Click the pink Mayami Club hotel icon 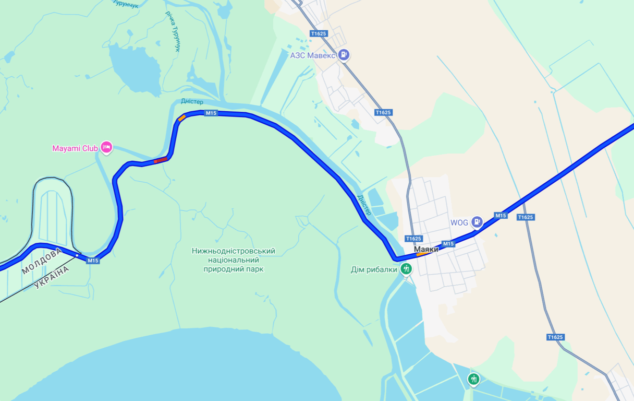pyautogui.click(x=106, y=147)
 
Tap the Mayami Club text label pyautogui.click(x=75, y=148)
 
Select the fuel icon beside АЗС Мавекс pyautogui.click(x=344, y=54)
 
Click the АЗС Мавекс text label pyautogui.click(x=313, y=55)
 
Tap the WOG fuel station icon pyautogui.click(x=477, y=222)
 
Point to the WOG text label pyautogui.click(x=459, y=222)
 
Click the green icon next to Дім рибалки pyautogui.click(x=406, y=269)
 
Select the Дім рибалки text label pyautogui.click(x=374, y=270)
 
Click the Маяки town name pyautogui.click(x=426, y=250)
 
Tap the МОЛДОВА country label pyautogui.click(x=42, y=261)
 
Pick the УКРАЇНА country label pyautogui.click(x=52, y=278)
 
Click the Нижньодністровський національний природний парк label pyautogui.click(x=234, y=260)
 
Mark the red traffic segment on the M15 pyautogui.click(x=161, y=160)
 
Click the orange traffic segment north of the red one pyautogui.click(x=181, y=118)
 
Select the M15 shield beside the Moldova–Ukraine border pyautogui.click(x=93, y=261)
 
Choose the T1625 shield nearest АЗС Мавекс pyautogui.click(x=318, y=33)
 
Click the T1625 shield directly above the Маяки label pyautogui.click(x=413, y=239)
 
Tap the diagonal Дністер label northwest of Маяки pyautogui.click(x=364, y=205)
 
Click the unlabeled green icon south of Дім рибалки pyautogui.click(x=473, y=379)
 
